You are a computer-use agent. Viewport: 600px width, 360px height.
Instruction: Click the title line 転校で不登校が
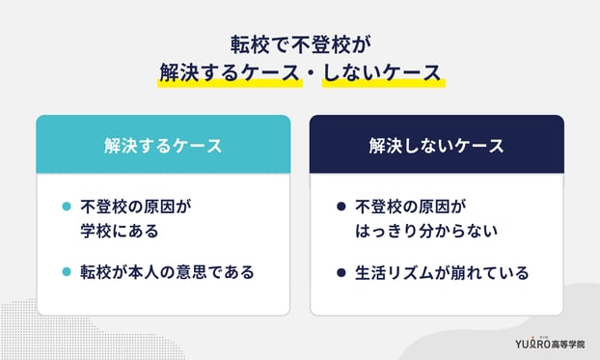click(x=300, y=43)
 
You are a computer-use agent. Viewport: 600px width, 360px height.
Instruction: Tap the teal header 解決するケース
click(x=163, y=146)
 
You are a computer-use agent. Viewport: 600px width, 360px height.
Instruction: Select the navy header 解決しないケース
click(x=436, y=146)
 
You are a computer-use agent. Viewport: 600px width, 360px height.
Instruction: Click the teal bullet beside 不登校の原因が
click(x=66, y=207)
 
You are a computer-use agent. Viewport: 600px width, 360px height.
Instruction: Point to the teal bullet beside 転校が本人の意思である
click(x=66, y=272)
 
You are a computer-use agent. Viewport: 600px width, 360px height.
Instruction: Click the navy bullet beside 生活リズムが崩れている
click(x=341, y=272)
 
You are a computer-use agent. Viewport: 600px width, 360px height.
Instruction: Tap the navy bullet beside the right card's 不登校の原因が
click(x=341, y=207)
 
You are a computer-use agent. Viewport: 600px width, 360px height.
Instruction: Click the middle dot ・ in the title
click(x=301, y=72)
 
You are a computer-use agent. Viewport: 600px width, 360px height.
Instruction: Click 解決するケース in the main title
click(x=225, y=72)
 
